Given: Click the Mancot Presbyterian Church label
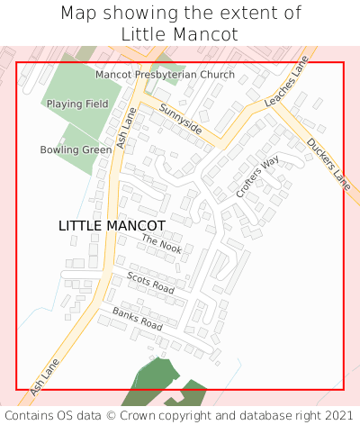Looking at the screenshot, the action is pos(165,75).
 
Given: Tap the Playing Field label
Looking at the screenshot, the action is pos(77,104).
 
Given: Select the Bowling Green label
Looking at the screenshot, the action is pos(76,149).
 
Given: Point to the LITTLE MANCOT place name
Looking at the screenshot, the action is pos(112,225).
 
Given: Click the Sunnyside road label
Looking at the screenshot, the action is pos(180,119).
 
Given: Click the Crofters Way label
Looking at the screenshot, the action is pos(257,176).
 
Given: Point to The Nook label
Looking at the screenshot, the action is pos(161,243).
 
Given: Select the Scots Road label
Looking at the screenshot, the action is pos(150,282).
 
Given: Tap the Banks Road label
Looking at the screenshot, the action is pos(137,318).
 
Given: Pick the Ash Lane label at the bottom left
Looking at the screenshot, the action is pos(44,377).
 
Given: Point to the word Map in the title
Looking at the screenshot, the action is pos(77,14).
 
